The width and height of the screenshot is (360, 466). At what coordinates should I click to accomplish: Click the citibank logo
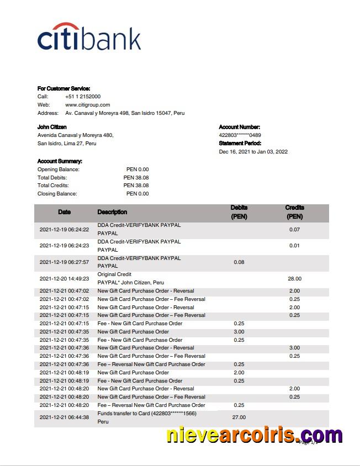point(89,37)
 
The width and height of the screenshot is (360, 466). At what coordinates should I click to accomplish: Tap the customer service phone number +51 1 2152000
point(83,97)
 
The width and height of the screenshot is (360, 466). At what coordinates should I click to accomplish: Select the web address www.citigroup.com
point(87,105)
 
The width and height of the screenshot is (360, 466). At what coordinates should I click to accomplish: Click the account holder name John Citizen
point(52,127)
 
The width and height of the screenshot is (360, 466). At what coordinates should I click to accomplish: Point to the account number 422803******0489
point(240,135)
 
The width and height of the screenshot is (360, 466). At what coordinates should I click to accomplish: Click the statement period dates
point(253,152)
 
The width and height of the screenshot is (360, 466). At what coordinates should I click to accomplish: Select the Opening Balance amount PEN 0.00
point(137,170)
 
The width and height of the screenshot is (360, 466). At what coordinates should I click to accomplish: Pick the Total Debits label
point(52,178)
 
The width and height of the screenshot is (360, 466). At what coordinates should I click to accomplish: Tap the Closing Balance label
point(57,194)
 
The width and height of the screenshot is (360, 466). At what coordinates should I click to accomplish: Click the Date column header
point(64,212)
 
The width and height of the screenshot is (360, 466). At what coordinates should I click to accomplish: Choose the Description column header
point(112,212)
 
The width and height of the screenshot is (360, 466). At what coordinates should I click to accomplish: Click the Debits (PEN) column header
point(239,212)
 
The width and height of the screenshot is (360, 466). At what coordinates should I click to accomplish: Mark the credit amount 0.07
point(294,229)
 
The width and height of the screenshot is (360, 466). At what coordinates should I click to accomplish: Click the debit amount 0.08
point(239,262)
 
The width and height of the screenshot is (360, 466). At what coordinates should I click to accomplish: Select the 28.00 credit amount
point(294,279)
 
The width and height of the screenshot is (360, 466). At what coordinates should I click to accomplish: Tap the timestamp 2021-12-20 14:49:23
point(64,279)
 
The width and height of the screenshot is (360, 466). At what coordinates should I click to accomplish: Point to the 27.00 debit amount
point(239,417)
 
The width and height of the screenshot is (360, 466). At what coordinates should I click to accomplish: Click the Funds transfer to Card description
point(147,414)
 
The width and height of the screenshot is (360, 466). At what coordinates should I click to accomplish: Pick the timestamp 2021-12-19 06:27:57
point(64,262)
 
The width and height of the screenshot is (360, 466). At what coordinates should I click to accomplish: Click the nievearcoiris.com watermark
point(254,435)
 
